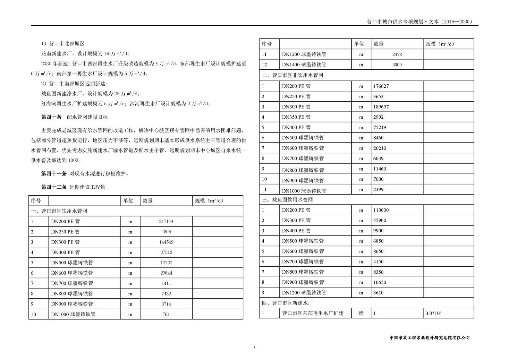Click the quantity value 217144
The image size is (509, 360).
[x=166, y=221]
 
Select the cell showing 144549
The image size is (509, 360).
[x=166, y=242]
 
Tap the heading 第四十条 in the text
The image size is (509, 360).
[x=51, y=117]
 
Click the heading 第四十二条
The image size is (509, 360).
[x=54, y=187]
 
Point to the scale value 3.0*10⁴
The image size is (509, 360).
[x=433, y=313]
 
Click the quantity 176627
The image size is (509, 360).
[x=381, y=86]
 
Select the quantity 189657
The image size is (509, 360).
[x=381, y=107]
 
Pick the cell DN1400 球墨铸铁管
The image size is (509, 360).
[x=304, y=65]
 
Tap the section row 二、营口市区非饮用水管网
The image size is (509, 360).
[x=293, y=75]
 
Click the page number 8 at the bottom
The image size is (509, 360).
[x=254, y=348]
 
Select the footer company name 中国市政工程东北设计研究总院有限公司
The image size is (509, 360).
[x=429, y=338]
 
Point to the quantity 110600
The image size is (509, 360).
[x=381, y=210]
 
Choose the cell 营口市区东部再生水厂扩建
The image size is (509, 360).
[x=313, y=313]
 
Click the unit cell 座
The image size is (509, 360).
[x=361, y=313]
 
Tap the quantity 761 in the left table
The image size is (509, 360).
[x=166, y=314]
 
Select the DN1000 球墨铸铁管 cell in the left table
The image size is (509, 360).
[x=73, y=314]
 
